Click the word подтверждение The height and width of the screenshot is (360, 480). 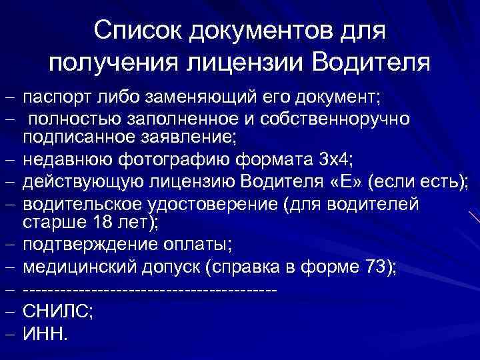tap(87, 245)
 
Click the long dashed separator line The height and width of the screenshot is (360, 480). tap(149, 291)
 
